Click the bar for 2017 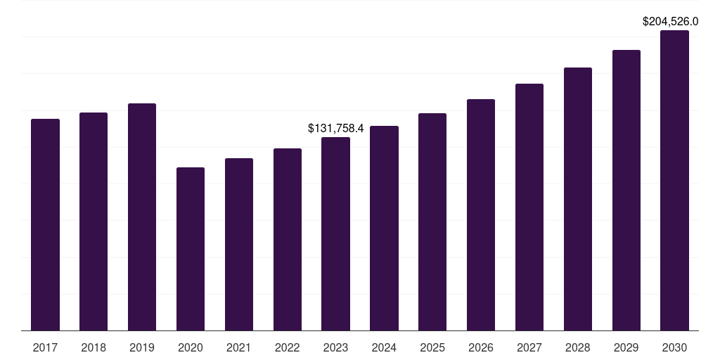[45, 225]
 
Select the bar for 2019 [142, 217]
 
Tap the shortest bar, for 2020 [191, 249]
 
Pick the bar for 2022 [288, 240]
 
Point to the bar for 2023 [335, 234]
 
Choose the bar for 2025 [432, 222]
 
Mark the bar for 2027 [529, 207]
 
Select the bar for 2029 [626, 191]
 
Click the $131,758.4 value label [335, 128]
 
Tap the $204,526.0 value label [675, 22]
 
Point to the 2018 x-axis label [94, 347]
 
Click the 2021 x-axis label [239, 347]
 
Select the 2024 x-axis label [384, 347]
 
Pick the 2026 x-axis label [481, 347]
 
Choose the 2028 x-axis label [578, 347]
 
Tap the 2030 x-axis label [675, 347]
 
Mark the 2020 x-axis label [191, 347]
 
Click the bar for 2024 [384, 229]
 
